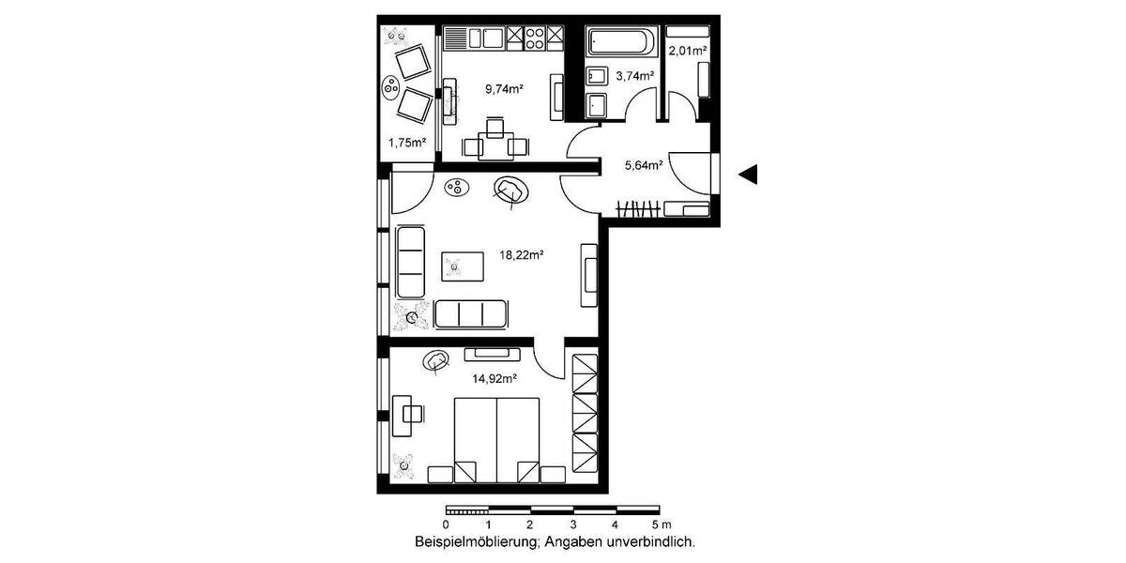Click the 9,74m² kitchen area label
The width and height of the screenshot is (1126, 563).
(x=504, y=89)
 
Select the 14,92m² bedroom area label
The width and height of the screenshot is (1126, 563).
(x=496, y=379)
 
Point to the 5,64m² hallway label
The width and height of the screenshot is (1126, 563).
(x=644, y=166)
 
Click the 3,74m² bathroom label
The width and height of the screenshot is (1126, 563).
(x=633, y=77)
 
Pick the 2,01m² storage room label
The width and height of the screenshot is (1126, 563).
(x=687, y=51)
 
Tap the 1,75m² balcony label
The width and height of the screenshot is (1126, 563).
(x=407, y=144)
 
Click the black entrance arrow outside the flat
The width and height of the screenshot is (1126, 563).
(x=748, y=175)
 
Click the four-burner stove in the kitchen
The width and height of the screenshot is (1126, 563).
(x=535, y=38)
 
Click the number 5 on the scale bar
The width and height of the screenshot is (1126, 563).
(x=656, y=525)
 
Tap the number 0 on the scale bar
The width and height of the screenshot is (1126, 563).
(x=447, y=525)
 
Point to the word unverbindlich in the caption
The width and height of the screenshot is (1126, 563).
(x=655, y=542)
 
